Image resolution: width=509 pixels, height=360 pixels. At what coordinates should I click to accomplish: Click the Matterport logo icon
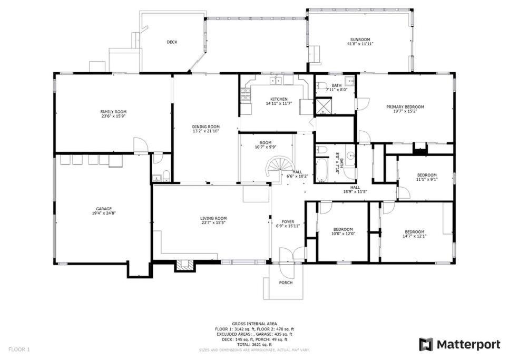point(426,344)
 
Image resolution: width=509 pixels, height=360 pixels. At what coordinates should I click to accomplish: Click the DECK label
point(172,42)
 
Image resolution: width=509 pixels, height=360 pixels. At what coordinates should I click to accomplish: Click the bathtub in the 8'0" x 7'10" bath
point(322,170)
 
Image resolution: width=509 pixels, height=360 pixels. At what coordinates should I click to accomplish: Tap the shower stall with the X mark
point(322,106)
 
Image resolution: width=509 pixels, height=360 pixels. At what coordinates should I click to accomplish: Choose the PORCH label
point(286,283)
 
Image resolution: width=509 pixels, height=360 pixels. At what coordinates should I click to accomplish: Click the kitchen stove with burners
point(246,95)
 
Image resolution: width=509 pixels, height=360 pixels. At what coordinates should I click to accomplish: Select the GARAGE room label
point(104,209)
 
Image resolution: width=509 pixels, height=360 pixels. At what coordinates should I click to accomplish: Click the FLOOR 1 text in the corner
point(19,349)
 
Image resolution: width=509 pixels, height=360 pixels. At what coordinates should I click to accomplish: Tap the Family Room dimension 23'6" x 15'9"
point(113,116)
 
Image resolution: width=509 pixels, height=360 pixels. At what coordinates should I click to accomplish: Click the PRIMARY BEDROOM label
point(405,107)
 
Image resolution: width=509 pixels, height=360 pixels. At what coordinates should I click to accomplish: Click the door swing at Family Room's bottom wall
point(141,145)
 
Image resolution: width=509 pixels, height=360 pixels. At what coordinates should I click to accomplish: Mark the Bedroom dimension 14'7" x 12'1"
point(414,236)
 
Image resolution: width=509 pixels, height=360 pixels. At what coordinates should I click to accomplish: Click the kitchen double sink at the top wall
point(277,80)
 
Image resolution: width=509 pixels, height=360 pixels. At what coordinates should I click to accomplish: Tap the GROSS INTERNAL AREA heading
point(254,324)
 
